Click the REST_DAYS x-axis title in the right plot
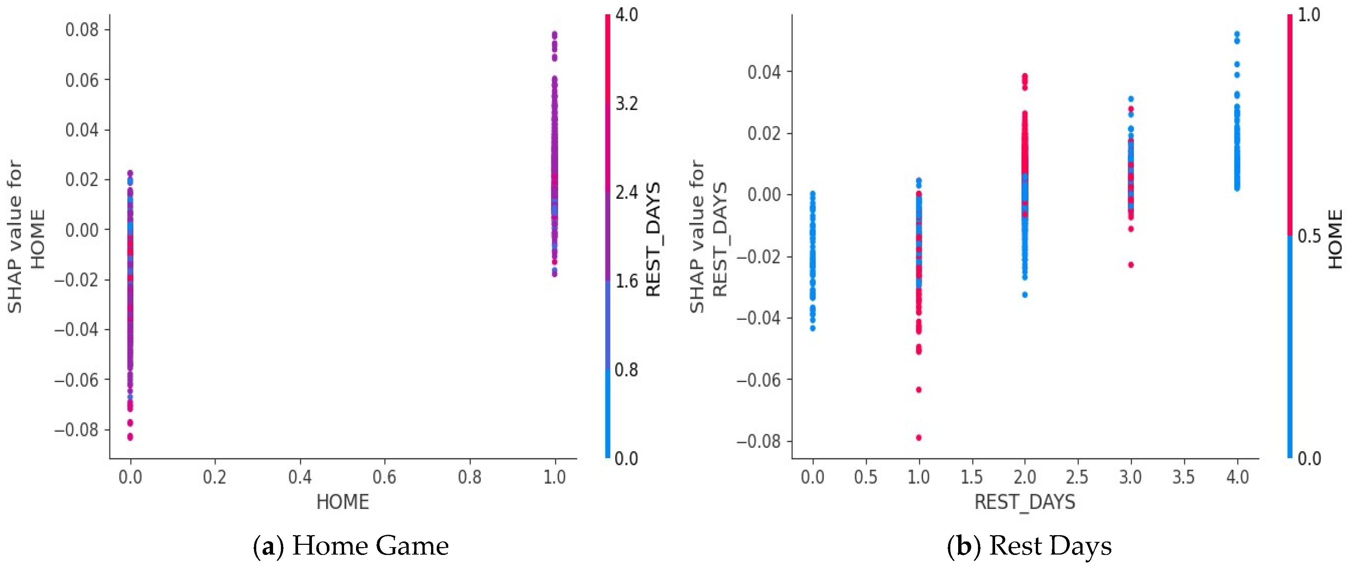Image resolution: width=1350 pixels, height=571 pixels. tap(1025, 502)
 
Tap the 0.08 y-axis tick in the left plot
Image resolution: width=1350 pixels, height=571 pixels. tap(82, 30)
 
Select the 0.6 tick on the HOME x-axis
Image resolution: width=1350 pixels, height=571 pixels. tap(385, 477)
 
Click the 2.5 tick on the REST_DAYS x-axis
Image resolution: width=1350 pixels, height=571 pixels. tap(1077, 477)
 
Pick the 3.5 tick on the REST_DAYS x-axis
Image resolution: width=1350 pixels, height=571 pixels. tap(1183, 477)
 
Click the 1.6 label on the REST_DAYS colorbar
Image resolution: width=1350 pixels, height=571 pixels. tap(626, 281)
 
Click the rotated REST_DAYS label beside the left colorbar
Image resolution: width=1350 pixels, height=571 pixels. tap(653, 239)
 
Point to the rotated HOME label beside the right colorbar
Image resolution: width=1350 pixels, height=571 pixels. tap(1335, 239)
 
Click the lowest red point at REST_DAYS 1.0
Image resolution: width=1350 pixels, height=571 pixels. tap(919, 437)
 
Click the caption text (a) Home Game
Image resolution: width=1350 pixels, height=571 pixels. tap(351, 546)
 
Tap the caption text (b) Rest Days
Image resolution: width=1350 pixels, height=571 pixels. tap(1030, 546)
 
